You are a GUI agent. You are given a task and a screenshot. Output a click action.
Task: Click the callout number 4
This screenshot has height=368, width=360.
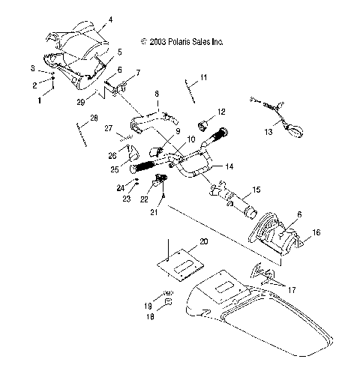pyautogui.click(x=111, y=19)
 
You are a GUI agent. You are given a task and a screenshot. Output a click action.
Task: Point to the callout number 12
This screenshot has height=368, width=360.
pyautogui.click(x=221, y=112)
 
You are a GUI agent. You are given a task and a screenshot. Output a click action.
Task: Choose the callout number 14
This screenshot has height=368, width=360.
pyautogui.click(x=229, y=166)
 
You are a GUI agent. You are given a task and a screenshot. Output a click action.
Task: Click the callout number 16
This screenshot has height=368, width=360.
pyautogui.click(x=316, y=234)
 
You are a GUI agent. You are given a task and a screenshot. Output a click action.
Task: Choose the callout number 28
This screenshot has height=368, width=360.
pyautogui.click(x=94, y=118)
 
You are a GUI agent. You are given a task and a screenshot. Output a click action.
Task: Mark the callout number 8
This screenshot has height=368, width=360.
pyautogui.click(x=156, y=94)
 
